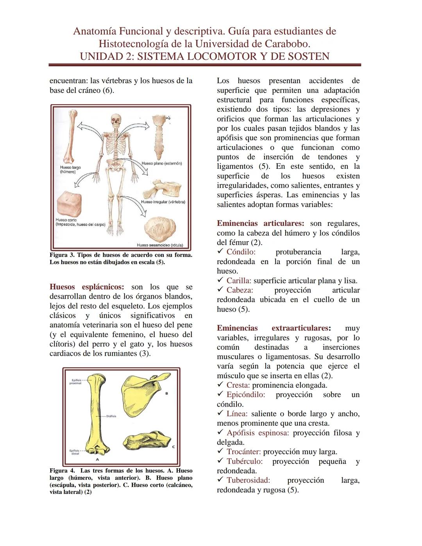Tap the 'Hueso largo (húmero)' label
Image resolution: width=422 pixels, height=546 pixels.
70,170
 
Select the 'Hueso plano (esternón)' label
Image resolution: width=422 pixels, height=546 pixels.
161,163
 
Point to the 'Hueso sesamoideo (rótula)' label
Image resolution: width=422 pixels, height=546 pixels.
160,245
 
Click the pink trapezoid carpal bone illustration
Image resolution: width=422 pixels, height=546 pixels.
69,204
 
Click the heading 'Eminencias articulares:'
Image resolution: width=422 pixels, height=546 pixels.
260,224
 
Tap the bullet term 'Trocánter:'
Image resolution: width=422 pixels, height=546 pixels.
243,452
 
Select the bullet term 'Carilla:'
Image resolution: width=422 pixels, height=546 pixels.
239,281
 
